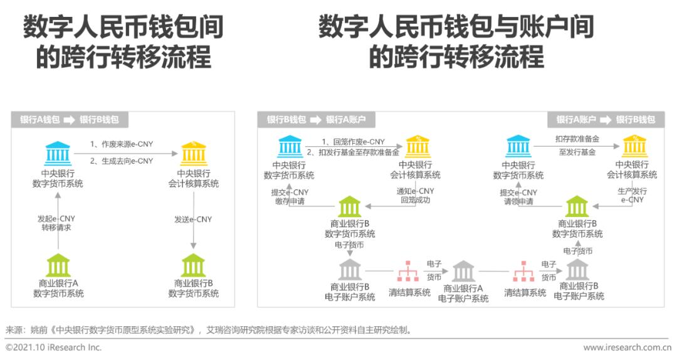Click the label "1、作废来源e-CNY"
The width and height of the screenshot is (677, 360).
[122, 144]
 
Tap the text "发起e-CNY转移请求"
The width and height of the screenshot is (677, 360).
[56, 223]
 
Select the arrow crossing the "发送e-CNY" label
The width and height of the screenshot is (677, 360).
[194, 220]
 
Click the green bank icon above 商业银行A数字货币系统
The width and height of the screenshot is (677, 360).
[58, 265]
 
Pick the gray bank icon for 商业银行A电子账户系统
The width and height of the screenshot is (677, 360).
[463, 272]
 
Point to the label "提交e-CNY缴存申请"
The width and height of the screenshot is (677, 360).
[290, 197]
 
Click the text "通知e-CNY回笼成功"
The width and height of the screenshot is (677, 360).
[416, 195]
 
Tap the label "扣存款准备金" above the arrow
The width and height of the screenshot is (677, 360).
[577, 139]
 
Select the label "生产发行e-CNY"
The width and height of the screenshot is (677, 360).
[632, 195]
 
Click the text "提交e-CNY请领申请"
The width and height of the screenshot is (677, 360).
[518, 197]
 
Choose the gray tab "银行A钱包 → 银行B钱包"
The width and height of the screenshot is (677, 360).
[70, 120]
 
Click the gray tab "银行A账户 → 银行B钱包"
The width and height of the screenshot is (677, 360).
[606, 120]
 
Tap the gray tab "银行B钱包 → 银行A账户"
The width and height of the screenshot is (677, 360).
[316, 120]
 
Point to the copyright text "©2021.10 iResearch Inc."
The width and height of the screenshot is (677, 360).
[53, 347]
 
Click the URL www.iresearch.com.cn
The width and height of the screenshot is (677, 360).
[627, 347]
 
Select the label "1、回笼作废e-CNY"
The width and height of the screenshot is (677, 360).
[353, 142]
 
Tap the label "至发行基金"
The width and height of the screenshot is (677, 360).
[577, 152]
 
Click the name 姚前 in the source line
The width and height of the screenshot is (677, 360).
[38, 331]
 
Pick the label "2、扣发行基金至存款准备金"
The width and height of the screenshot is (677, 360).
[353, 152]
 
